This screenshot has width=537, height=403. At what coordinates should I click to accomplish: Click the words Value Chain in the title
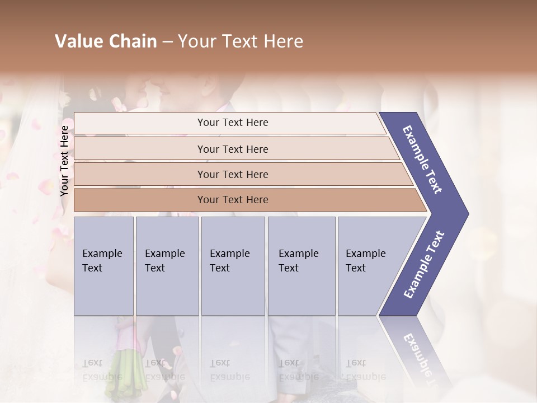pos(106,41)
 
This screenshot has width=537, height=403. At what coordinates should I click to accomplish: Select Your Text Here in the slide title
pos(241,41)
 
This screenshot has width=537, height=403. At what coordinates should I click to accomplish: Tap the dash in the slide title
pos(167,42)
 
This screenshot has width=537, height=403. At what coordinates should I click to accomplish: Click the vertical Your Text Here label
pos(64,161)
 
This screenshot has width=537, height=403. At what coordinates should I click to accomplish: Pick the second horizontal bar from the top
pos(233,149)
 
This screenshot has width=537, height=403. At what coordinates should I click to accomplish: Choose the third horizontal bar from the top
pos(233,174)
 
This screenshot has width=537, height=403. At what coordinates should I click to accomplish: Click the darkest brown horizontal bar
pos(233,200)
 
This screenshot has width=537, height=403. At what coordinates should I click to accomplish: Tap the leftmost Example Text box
pos(103,266)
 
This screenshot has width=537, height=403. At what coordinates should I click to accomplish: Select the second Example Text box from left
pos(167,266)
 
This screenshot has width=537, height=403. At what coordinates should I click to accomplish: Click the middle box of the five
pos(233,266)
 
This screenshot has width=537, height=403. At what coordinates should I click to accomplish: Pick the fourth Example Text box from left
pos(302,266)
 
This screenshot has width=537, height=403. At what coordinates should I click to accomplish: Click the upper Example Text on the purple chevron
pos(422,160)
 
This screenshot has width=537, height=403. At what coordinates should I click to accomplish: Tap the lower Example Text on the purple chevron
pos(423,265)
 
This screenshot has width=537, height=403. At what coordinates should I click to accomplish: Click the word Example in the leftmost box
pos(102,254)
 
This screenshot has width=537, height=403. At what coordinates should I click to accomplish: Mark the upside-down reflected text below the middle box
pos(229,369)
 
